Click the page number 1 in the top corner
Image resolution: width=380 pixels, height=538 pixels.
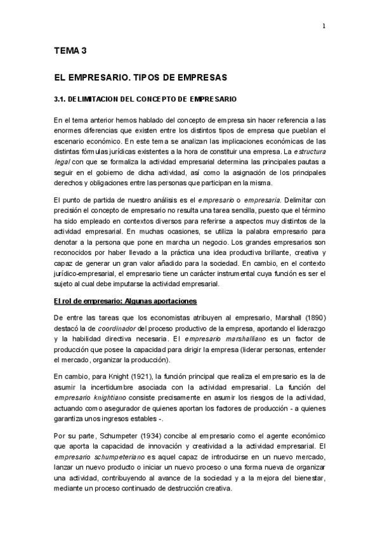click(324, 27)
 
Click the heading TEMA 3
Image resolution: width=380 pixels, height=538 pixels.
click(70, 53)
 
